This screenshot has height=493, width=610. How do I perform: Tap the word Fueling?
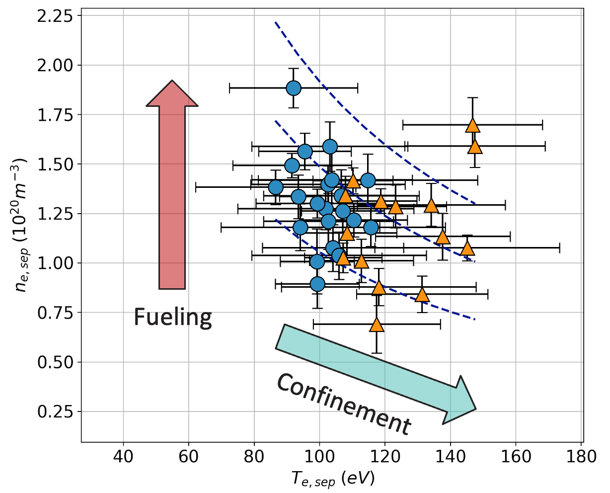click(x=173, y=317)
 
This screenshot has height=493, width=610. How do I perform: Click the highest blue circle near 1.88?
click(x=294, y=88)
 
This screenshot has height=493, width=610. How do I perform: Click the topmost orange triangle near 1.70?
click(x=472, y=126)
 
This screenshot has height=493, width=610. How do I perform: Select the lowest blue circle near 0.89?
click(x=317, y=284)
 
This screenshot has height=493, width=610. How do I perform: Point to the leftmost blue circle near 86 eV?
click(x=276, y=187)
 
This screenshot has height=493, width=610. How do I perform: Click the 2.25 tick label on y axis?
click(x=54, y=16)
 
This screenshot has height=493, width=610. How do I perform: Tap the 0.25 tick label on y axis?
click(x=54, y=411)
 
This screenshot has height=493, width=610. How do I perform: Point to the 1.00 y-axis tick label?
click(x=54, y=263)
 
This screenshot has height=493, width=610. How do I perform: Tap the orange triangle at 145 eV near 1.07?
click(x=467, y=248)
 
